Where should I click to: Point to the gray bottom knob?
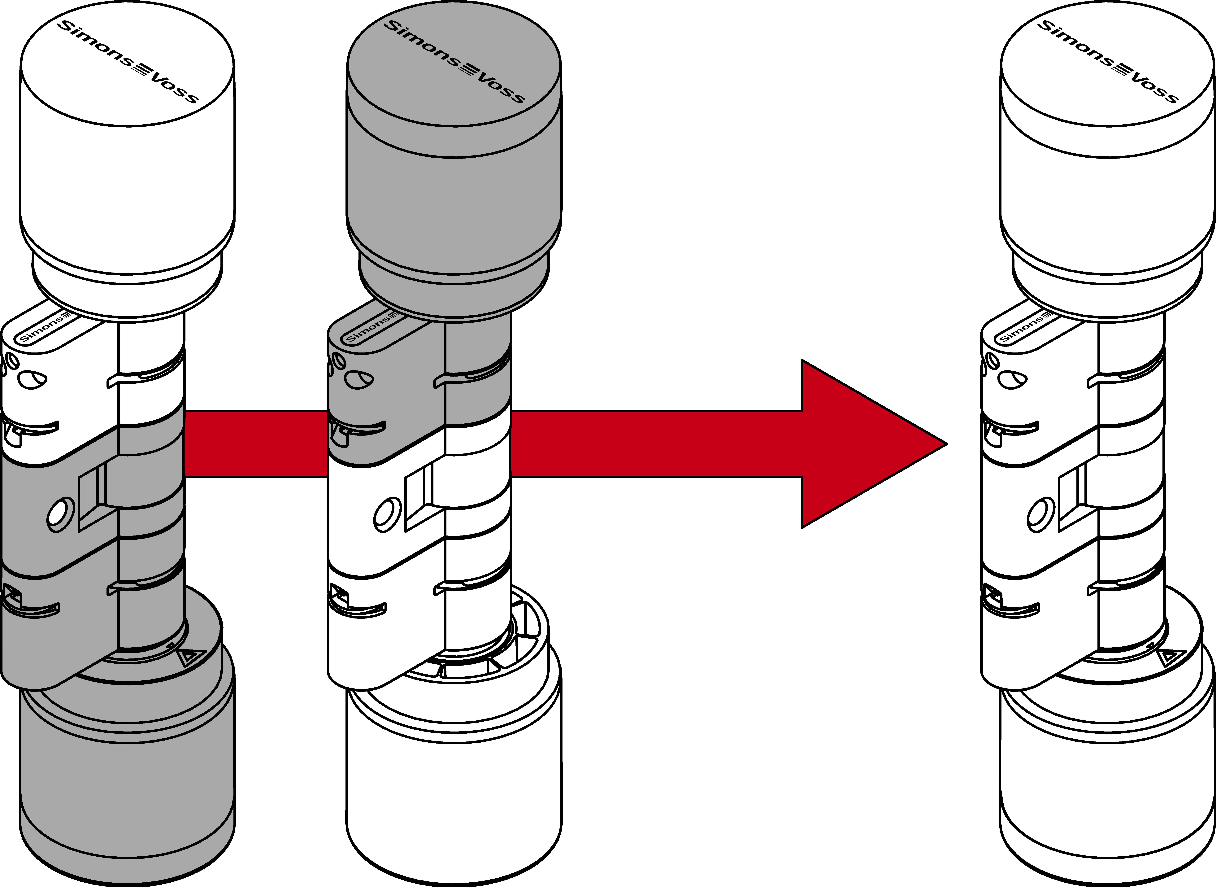tap(127, 773)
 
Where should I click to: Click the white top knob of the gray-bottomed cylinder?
tap(127, 177)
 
